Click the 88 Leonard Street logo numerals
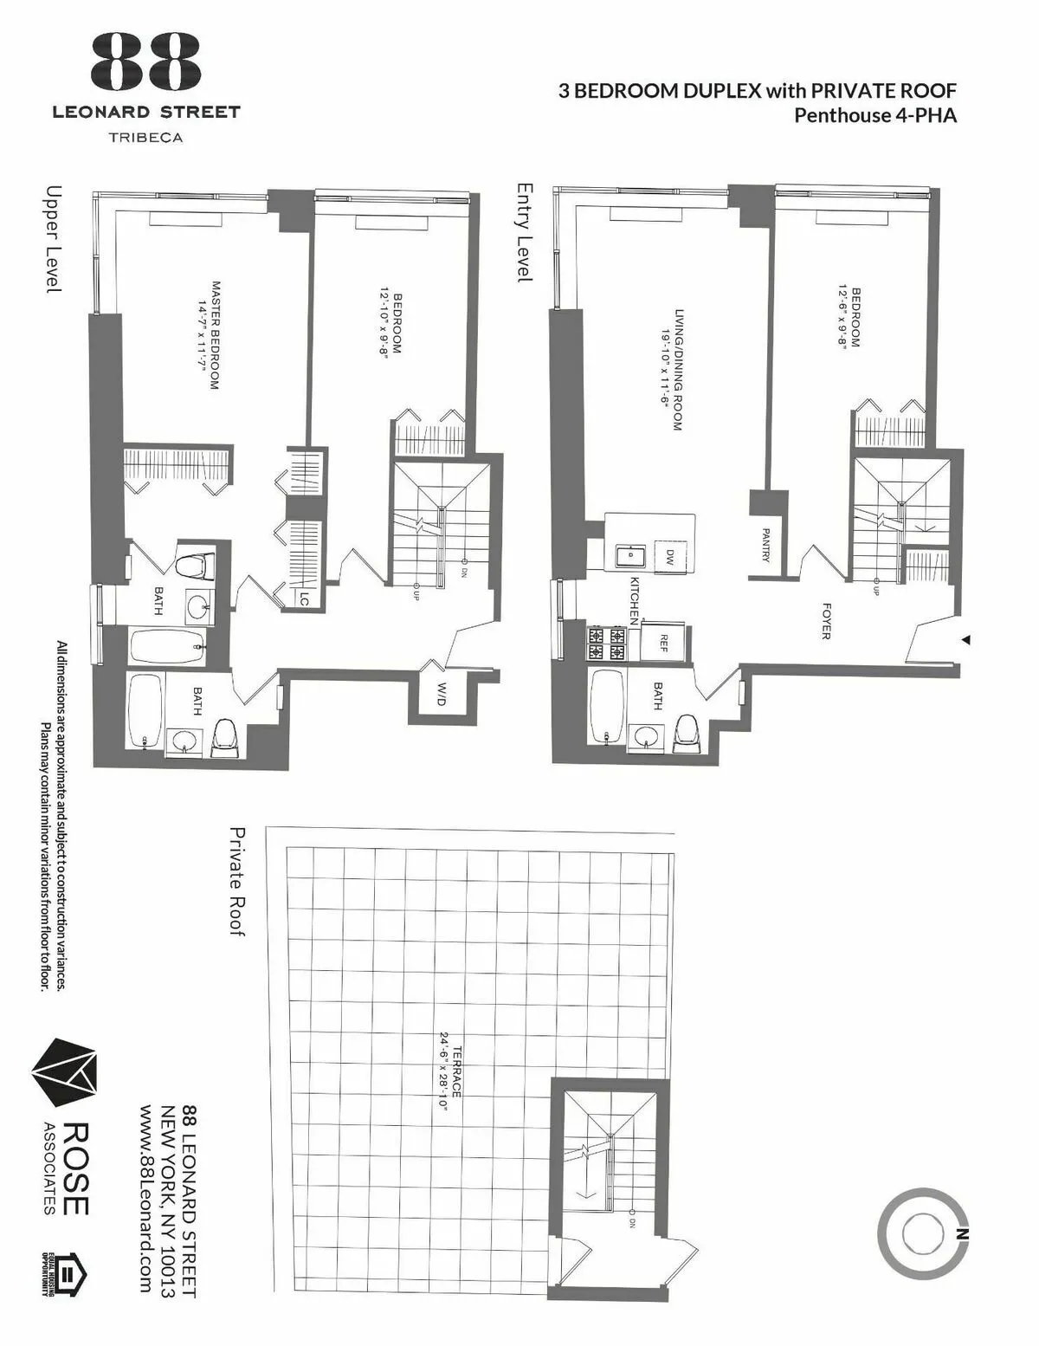145,61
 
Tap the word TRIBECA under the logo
145,136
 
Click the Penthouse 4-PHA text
875,115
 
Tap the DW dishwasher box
668,558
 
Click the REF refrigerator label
663,643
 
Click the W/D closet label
440,694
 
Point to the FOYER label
825,622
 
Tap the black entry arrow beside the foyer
966,640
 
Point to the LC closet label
304,599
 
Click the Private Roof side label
236,881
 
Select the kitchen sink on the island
627,556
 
